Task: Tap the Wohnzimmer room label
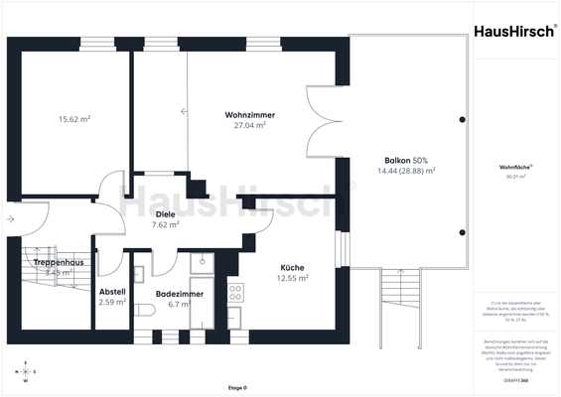250,115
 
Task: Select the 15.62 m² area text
74,119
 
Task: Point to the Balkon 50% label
406,160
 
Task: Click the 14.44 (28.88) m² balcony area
406,171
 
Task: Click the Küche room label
292,267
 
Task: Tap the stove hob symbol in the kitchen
236,292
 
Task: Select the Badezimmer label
180,293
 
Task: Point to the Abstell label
112,291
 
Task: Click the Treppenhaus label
51,261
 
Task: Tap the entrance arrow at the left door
10,217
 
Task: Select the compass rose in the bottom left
26,373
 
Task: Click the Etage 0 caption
238,388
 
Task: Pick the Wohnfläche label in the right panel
515,169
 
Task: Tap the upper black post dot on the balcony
462,119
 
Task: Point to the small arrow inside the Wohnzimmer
184,111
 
